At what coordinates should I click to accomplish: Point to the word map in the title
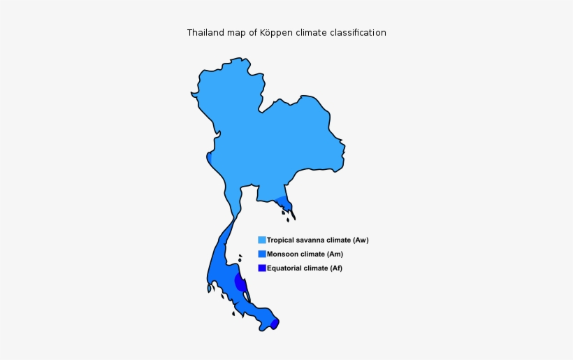tap(238, 33)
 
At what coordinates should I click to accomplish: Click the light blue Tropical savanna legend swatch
tap(262, 240)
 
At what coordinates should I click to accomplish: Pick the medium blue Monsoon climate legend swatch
tap(262, 254)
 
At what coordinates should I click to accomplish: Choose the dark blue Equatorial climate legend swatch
tap(262, 268)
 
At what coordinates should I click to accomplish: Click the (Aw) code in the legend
tap(360, 240)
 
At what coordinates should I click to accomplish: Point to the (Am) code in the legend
tap(336, 254)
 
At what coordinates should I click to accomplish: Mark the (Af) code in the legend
tap(335, 268)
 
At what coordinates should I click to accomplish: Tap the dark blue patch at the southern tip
tap(275, 323)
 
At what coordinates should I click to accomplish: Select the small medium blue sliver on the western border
tap(209, 158)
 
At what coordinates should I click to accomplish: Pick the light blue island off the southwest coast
tap(209, 287)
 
